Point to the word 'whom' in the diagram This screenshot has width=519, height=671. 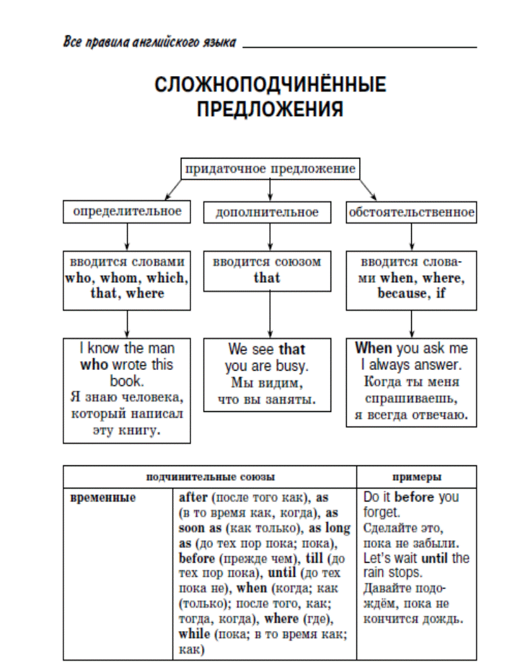119,278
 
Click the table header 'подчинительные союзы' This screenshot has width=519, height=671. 210,477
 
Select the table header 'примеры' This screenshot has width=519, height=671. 416,477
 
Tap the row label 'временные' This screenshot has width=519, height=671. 103,497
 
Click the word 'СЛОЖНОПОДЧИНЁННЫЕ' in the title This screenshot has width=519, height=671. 270,84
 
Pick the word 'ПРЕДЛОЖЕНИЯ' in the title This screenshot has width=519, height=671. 270,109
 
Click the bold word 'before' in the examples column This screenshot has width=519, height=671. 414,497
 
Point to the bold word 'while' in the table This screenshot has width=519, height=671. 194,634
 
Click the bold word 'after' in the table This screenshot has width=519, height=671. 193,497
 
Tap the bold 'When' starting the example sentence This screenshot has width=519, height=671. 373,348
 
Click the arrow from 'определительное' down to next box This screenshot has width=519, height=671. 127,237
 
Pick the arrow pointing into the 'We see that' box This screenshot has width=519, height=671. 270,315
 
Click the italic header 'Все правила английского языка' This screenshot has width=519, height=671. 150,42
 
